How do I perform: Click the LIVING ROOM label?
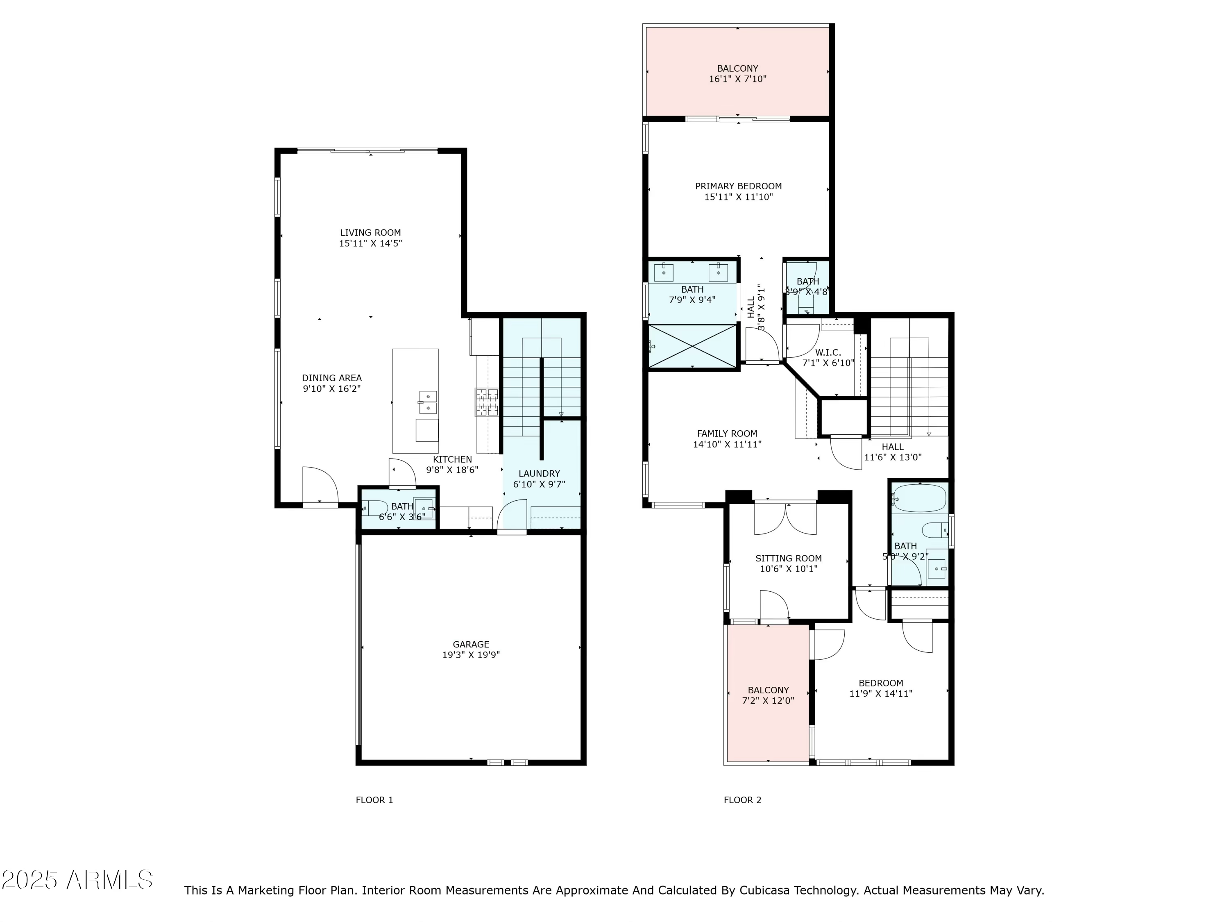[x=370, y=233]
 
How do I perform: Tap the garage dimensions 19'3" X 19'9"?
[x=471, y=655]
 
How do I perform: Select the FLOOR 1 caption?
[x=374, y=800]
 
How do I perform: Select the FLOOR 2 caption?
[x=742, y=800]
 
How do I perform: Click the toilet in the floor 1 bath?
[x=375, y=507]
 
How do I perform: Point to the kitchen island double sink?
[x=427, y=402]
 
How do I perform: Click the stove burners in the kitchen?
[x=486, y=402]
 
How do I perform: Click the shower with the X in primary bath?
[x=692, y=346]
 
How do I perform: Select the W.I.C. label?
[x=828, y=352]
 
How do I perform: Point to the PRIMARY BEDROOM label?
[x=738, y=186]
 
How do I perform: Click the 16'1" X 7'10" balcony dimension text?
[x=737, y=79]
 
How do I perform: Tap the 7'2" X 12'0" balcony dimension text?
[x=768, y=701]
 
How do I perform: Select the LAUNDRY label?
[x=539, y=474]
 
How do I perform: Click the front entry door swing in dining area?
[x=320, y=485]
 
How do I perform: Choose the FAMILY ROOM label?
[x=727, y=434]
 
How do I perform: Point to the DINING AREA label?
[x=332, y=378]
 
